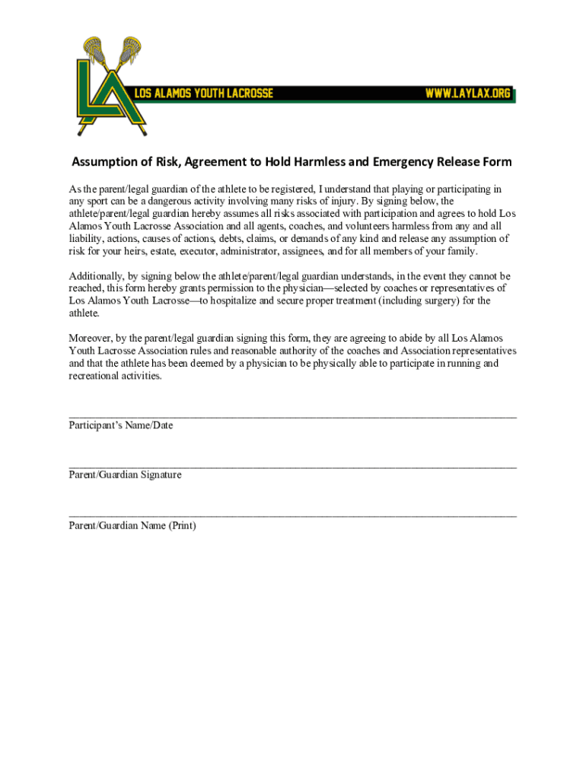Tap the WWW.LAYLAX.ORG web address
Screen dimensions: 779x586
coord(467,94)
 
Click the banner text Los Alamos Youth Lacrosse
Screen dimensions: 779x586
coord(203,94)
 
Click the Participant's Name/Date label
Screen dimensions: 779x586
coord(120,425)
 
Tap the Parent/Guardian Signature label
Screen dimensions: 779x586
coord(125,475)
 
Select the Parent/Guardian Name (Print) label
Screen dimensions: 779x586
coord(132,524)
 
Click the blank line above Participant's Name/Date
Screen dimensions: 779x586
coord(292,416)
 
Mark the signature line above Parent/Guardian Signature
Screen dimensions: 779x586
coord(292,466)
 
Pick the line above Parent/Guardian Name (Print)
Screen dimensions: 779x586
coord(292,515)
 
